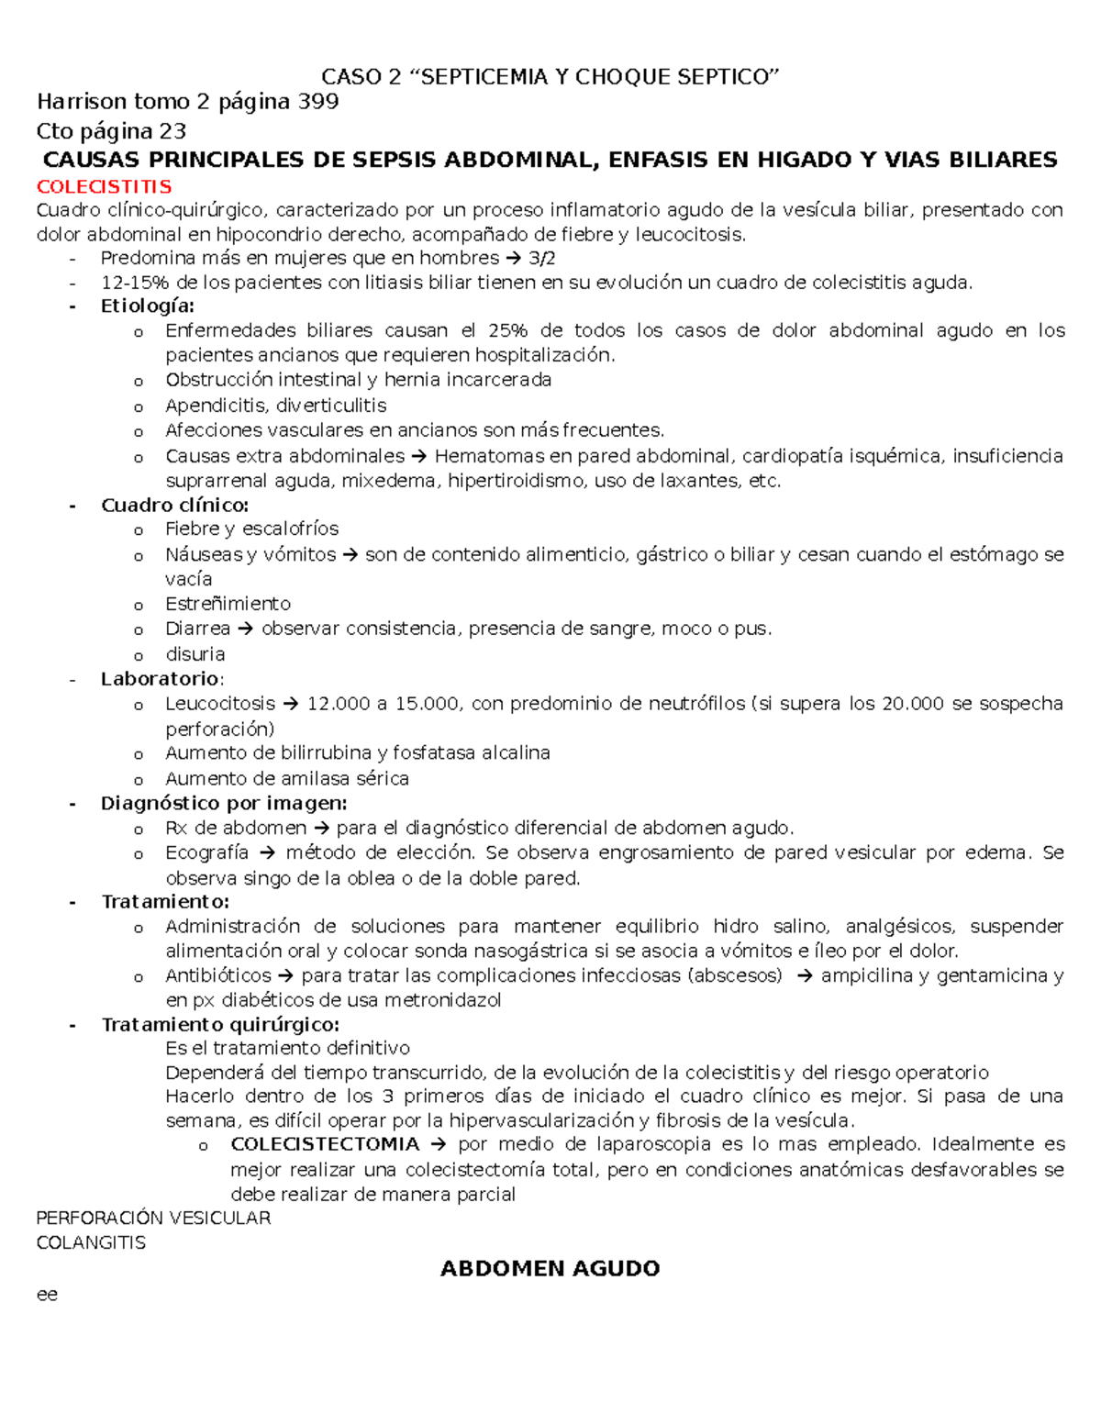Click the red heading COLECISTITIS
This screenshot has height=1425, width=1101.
104,187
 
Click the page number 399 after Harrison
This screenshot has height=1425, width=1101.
317,102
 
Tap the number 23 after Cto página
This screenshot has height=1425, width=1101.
172,130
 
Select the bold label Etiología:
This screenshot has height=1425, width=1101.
147,306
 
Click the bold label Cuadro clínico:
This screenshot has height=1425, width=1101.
174,505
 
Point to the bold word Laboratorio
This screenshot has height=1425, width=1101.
161,679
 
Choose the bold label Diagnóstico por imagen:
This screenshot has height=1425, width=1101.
224,803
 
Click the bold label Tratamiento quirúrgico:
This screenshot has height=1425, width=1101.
220,1024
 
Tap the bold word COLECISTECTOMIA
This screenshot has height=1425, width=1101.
325,1144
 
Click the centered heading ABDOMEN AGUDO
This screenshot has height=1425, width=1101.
550,1269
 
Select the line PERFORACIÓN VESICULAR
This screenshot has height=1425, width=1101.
153,1219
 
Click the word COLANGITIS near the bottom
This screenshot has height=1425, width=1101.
91,1243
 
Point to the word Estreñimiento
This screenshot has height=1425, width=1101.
228,604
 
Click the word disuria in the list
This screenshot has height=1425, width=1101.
195,654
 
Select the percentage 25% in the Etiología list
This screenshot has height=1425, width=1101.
508,330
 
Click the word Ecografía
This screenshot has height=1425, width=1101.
206,852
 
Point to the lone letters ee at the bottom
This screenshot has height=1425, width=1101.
47,1295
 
